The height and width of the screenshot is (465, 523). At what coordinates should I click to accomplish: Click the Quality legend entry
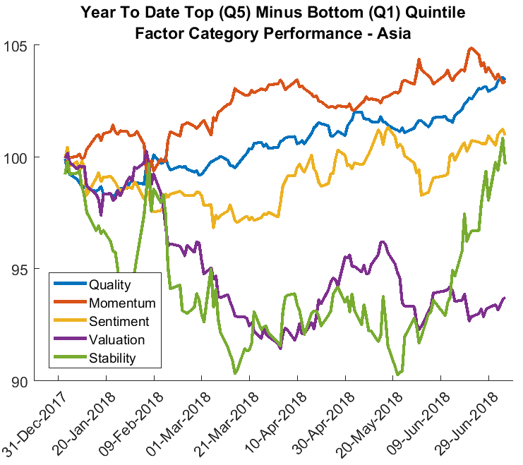tap(109, 285)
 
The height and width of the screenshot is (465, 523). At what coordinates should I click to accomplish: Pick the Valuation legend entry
tap(116, 340)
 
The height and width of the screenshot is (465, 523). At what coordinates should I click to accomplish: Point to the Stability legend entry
tap(112, 358)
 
